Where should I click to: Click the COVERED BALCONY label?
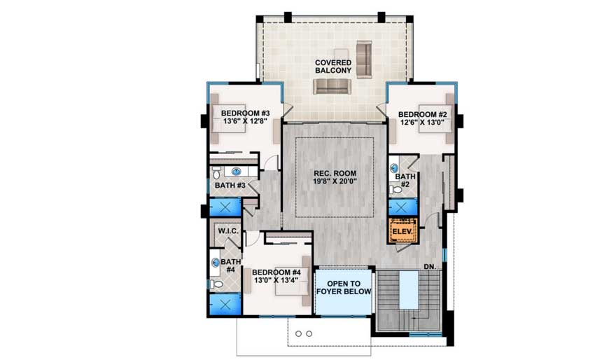(x=333, y=68)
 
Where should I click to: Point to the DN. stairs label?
(x=430, y=266)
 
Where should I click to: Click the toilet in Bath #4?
(x=218, y=284)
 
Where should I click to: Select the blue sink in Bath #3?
(x=237, y=171)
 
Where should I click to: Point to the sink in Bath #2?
(x=394, y=168)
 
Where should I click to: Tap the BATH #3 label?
(x=230, y=186)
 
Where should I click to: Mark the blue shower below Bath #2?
(x=402, y=207)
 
